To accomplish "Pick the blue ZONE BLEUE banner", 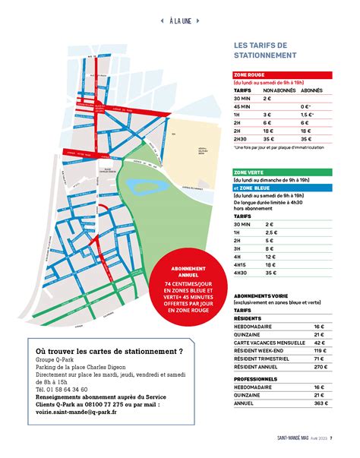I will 273,187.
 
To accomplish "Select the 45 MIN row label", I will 243,106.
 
